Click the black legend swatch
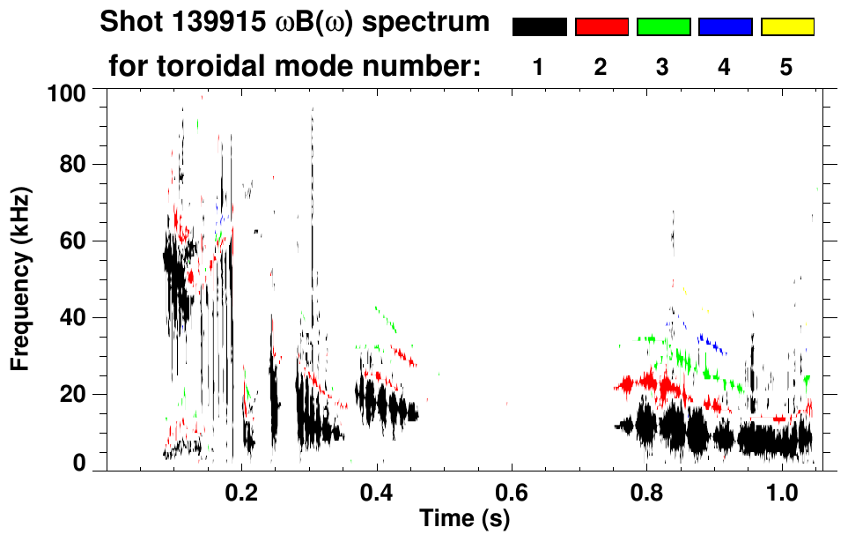coord(539,27)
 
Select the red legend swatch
coord(601,27)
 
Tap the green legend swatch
coord(663,27)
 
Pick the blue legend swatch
coord(725,27)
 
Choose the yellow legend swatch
coord(786,27)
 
